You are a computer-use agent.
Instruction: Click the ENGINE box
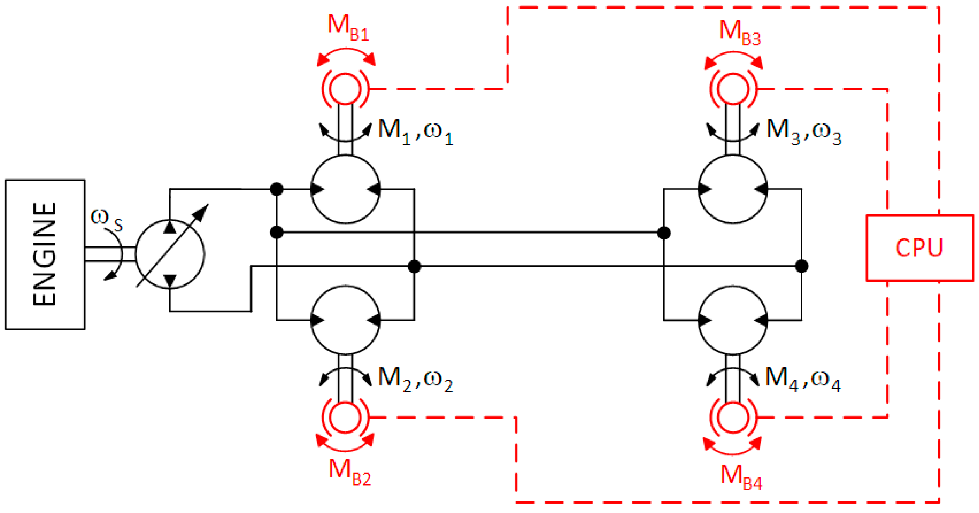(45, 254)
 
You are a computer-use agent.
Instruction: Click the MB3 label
(740, 33)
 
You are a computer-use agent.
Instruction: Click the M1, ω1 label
(415, 132)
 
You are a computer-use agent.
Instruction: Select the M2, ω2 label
(415, 380)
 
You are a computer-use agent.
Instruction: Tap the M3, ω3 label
(804, 132)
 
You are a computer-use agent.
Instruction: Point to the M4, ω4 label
(803, 380)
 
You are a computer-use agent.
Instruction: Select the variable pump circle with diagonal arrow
(170, 254)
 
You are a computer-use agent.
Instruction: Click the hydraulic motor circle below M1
(345, 189)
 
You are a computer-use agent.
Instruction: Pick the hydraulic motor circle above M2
(345, 320)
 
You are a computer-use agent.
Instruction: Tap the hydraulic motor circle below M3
(733, 189)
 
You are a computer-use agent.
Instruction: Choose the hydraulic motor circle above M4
(733, 320)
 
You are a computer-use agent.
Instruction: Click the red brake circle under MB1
(345, 89)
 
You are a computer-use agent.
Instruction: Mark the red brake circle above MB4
(733, 417)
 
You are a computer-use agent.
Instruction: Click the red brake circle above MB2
(345, 417)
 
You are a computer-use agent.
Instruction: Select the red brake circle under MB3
(733, 89)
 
